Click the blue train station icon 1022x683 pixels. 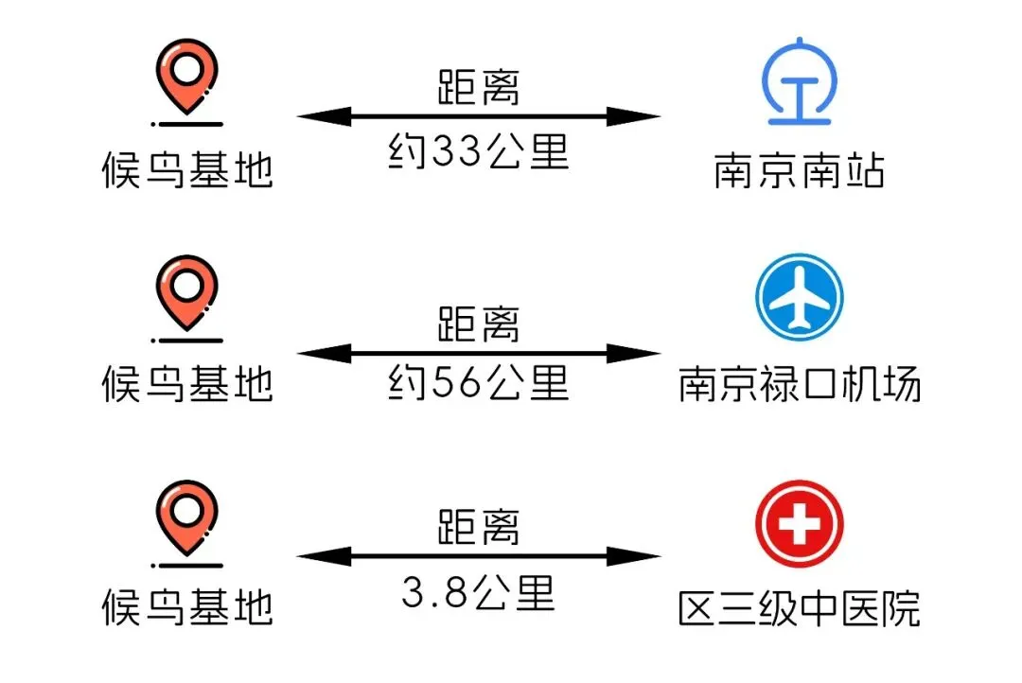point(800,82)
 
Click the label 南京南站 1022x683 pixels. point(800,172)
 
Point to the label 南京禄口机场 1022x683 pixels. point(800,385)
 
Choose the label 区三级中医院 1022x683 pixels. point(800,608)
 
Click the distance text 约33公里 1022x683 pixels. point(479,151)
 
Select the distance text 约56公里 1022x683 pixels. point(479,382)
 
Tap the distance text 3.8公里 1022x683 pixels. point(479,594)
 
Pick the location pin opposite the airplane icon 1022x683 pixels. point(186,293)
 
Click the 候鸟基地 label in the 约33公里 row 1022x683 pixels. point(187,170)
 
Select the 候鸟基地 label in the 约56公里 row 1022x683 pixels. point(187,385)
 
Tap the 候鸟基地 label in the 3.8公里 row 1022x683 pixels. point(187,606)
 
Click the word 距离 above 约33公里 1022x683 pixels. point(479,89)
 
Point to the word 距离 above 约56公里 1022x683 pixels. point(479,324)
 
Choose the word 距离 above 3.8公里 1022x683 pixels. point(479,527)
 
